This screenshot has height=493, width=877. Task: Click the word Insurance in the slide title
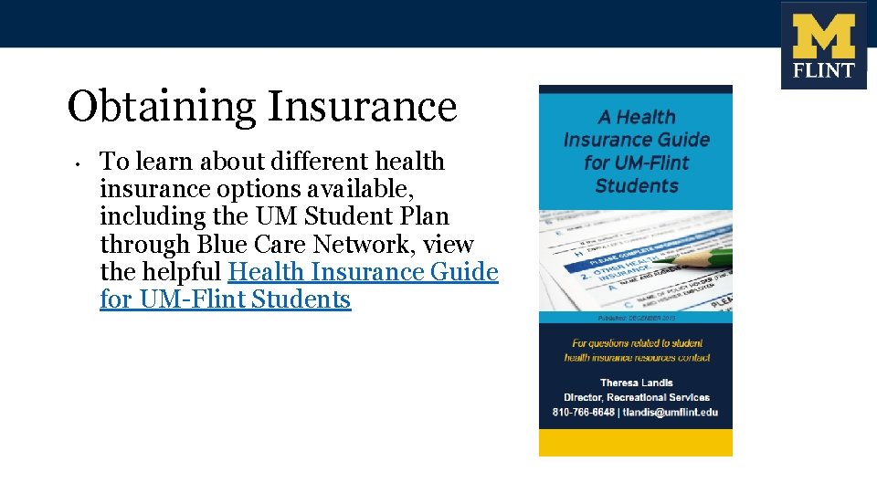click(x=361, y=107)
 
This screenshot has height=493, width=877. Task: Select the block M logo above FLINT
click(x=823, y=37)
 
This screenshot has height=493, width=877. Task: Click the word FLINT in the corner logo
click(x=823, y=71)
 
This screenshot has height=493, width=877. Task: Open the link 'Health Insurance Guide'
click(x=363, y=272)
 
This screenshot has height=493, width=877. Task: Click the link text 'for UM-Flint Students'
click(x=225, y=299)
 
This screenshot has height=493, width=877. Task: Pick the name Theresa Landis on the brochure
click(x=637, y=383)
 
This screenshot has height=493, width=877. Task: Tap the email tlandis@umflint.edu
click(x=671, y=412)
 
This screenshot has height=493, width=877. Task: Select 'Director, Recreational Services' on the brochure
click(x=637, y=397)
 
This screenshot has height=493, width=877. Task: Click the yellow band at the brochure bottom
click(x=636, y=443)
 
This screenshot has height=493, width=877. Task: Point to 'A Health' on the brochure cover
click(x=637, y=117)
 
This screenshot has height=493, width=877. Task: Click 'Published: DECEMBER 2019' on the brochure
click(x=636, y=318)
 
